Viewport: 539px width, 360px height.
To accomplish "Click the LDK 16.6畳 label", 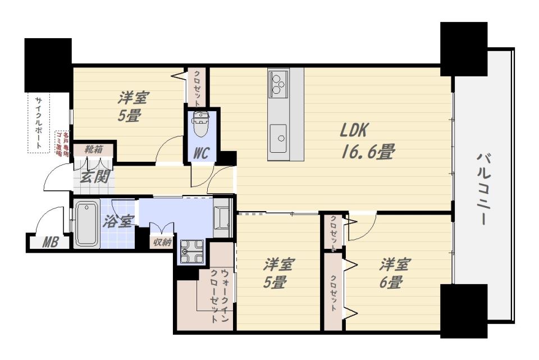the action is tap(367, 141).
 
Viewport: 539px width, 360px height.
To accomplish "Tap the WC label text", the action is tap(201, 153).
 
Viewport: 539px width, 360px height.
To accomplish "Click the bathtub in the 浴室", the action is tap(87, 224).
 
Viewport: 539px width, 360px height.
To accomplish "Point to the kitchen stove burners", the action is tap(278, 83).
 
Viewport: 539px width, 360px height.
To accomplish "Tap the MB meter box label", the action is tap(50, 243).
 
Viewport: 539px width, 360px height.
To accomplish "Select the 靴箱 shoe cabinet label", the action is tap(94, 149).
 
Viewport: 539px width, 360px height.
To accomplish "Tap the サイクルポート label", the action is tap(39, 123).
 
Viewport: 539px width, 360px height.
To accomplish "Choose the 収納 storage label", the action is tap(162, 242).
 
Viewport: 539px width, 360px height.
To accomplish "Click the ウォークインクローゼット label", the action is tap(219, 296).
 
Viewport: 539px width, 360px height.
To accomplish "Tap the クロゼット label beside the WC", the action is tap(197, 88).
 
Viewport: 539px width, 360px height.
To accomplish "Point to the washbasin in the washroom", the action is tap(222, 217).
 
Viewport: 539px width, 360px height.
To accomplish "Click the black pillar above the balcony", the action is tap(464, 49).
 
